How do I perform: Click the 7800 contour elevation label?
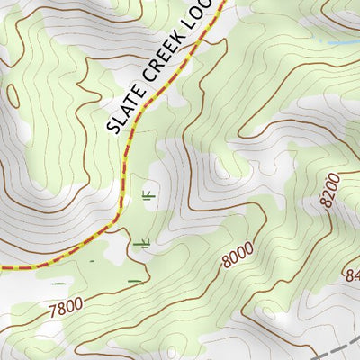coord(67,305)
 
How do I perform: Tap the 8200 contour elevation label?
coord(330,190)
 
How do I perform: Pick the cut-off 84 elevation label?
coord(351,274)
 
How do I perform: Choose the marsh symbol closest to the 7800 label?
coord(134,281)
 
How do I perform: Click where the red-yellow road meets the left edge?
coord(2,268)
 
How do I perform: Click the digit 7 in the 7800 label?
coord(53,310)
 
